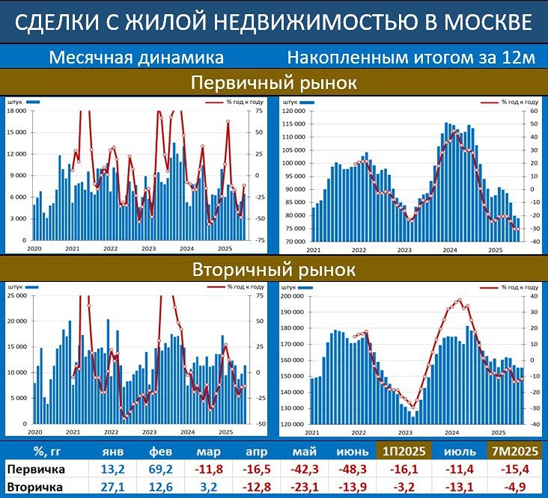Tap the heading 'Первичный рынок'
pos(273,82)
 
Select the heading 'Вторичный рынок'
pos(273,268)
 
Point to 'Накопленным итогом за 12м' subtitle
pos(411,57)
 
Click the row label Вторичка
pos(35,488)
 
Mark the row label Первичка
pos(35,470)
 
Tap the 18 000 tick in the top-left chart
pos(16,111)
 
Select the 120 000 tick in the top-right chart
pos(293,111)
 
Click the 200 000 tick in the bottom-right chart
pos(293,296)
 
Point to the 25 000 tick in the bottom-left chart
pos(16,296)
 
